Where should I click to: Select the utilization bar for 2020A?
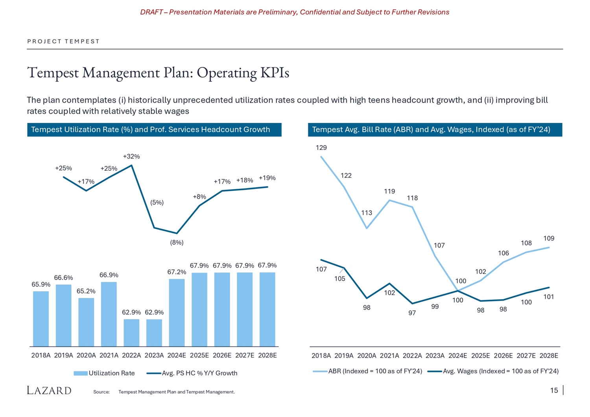86,322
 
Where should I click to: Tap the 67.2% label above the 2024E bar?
177,272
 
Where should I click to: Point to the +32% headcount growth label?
131,156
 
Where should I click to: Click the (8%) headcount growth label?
177,242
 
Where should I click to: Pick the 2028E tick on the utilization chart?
267,355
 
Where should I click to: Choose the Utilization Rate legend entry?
104,373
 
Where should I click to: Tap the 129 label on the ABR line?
321,148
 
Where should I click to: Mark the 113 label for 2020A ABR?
367,213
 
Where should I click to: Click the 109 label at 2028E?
549,238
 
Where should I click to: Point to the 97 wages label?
412,313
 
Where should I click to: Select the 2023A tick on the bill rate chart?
435,356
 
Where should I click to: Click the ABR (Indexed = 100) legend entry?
367,371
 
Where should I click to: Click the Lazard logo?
49,390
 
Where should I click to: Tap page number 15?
554,390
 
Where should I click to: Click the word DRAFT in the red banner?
151,12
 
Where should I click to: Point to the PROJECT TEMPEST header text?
63,41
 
